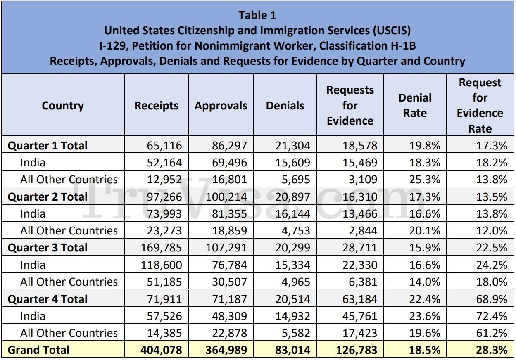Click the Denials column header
coord(285,106)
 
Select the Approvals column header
coord(221,106)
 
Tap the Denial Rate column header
coord(415,105)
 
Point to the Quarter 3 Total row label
coord(48,248)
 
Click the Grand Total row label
coord(38,350)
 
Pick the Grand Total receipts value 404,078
coord(161,350)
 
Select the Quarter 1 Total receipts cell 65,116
coord(164,146)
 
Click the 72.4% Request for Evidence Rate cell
coord(492,316)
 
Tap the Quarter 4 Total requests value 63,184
coord(359,299)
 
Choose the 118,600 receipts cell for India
coord(161,265)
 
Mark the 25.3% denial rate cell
coord(425,180)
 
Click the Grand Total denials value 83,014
coord(292,350)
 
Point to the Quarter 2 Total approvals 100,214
coord(226,197)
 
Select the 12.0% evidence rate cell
coord(492,231)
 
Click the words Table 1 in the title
coord(257,15)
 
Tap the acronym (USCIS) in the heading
coord(392,31)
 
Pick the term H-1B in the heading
coord(403,45)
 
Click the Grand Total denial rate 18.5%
coord(425,350)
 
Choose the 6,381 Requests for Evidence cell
coord(363,282)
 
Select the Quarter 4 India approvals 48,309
coord(229,316)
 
